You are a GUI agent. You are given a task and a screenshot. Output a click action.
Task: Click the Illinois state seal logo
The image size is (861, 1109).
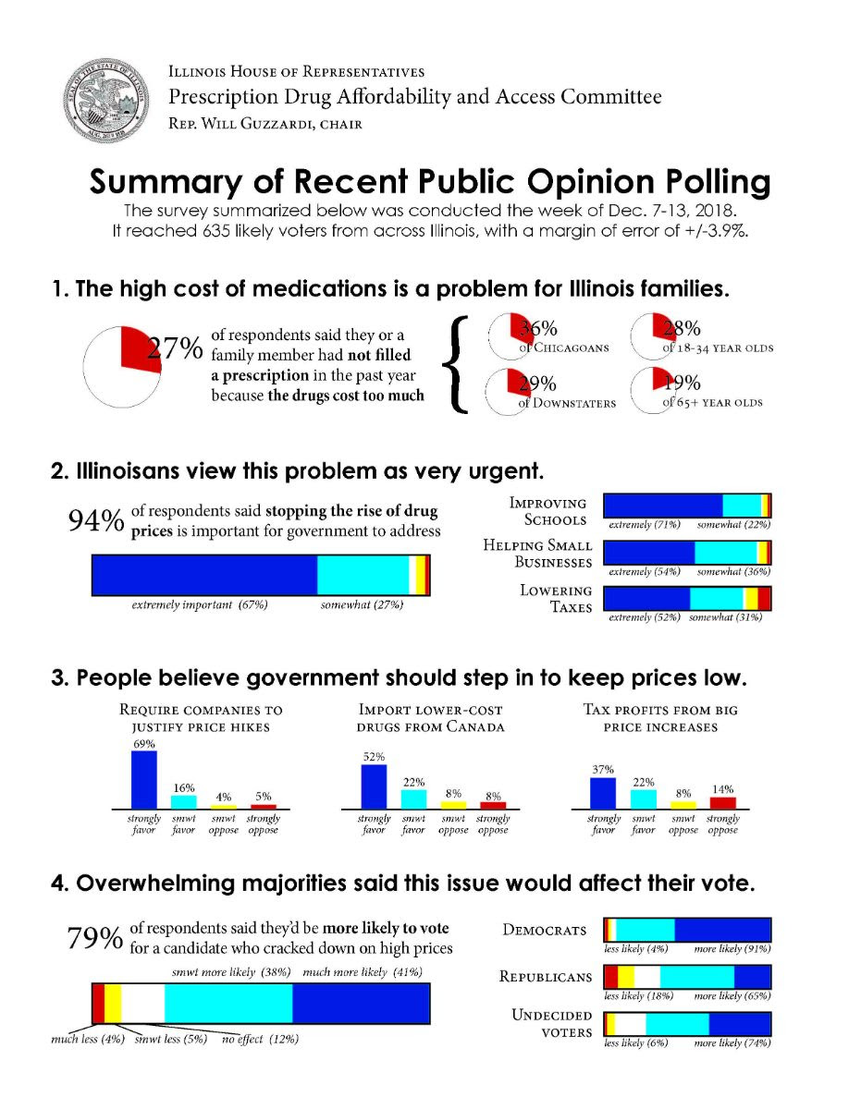105,96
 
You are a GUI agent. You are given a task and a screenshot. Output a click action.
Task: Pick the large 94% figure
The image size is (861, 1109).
95,521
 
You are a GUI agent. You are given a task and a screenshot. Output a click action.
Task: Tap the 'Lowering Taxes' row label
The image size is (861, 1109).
556,599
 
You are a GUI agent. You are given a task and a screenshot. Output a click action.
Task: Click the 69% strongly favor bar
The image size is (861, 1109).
144,778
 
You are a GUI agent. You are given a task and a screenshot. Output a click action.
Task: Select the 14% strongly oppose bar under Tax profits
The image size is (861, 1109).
722,802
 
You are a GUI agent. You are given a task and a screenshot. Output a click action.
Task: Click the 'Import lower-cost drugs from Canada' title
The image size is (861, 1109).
431,718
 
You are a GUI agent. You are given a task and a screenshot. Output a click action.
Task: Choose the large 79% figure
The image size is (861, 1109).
94,937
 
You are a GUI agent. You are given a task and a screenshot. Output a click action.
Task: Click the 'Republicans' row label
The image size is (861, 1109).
546,976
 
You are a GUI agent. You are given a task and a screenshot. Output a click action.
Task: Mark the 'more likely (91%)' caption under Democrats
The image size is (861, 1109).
732,949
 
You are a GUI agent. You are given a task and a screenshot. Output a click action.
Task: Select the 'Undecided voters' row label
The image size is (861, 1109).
552,1023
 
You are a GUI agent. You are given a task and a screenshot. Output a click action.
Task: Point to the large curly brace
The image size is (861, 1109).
460,362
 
